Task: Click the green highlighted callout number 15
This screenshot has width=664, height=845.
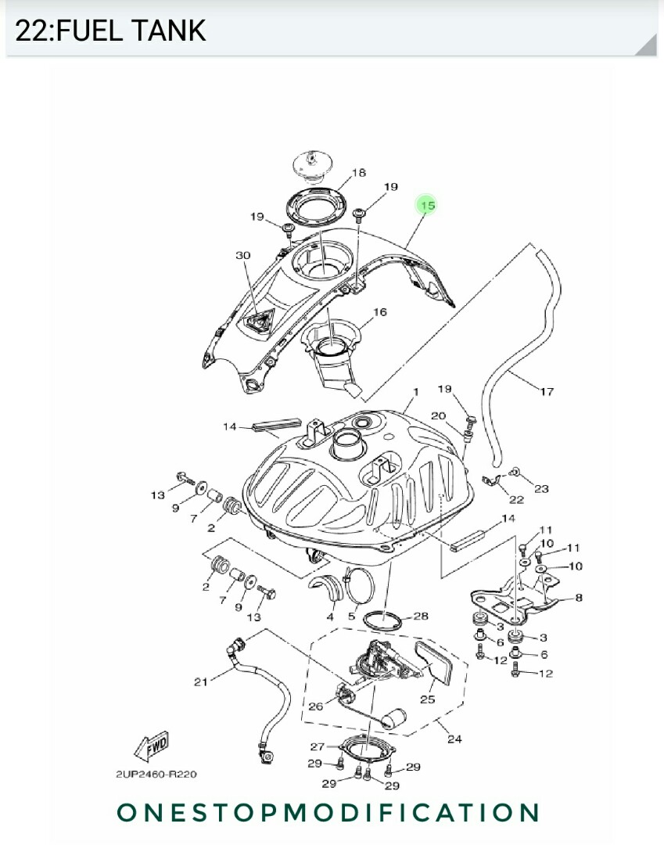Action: click(x=426, y=206)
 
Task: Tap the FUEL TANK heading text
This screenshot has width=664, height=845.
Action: click(x=110, y=31)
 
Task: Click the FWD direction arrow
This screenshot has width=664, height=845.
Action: click(x=152, y=748)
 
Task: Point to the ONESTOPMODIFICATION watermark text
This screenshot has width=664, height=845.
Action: click(x=328, y=812)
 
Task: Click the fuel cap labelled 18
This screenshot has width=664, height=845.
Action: click(x=314, y=166)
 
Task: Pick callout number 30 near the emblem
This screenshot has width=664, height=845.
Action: click(x=242, y=255)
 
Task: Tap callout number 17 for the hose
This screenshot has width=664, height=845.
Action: click(x=547, y=391)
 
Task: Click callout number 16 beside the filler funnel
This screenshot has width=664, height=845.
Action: click(x=379, y=312)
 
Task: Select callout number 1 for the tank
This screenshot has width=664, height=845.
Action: click(x=415, y=391)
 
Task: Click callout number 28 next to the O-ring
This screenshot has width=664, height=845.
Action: click(x=421, y=617)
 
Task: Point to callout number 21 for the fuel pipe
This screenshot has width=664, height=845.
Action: click(x=201, y=681)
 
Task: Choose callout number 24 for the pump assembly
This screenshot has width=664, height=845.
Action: click(x=454, y=739)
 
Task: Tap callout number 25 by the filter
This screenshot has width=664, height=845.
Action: click(x=427, y=699)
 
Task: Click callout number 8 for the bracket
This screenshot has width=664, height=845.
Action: click(x=578, y=598)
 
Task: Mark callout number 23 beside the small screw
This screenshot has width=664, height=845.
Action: click(x=541, y=488)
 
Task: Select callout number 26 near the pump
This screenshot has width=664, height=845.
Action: click(x=315, y=707)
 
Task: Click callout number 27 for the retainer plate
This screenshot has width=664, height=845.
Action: click(x=317, y=746)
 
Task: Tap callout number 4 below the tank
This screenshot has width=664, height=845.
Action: click(x=330, y=617)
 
